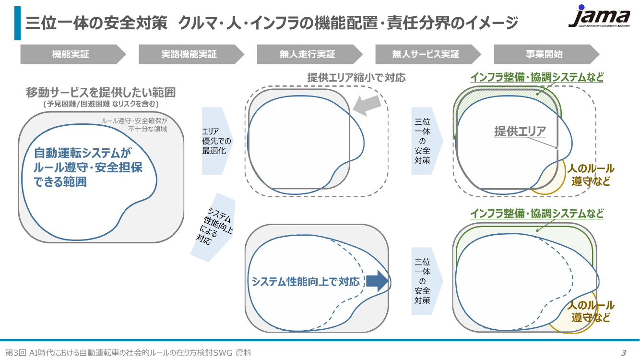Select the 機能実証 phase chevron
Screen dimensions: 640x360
[73, 54]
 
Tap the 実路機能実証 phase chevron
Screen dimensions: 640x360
[191, 54]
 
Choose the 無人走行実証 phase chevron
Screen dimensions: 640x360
[309, 54]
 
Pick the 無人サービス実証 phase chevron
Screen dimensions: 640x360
[428, 54]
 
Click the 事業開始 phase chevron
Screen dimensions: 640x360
[546, 54]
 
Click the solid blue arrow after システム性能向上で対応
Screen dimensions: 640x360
[378, 281]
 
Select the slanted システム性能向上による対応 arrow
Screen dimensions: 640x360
[213, 228]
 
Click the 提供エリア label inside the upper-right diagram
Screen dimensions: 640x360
[520, 131]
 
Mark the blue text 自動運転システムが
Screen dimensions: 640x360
[83, 153]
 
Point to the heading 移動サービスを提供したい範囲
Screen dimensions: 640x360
[101, 92]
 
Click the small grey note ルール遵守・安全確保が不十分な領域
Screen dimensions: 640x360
[134, 125]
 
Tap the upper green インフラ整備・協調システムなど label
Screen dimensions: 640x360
[537, 77]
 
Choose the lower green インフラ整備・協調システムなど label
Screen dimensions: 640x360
[537, 214]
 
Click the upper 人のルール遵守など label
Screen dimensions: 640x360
[591, 175]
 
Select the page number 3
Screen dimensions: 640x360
[624, 353]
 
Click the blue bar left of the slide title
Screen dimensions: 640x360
[17, 23]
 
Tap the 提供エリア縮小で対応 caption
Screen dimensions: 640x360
[356, 78]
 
